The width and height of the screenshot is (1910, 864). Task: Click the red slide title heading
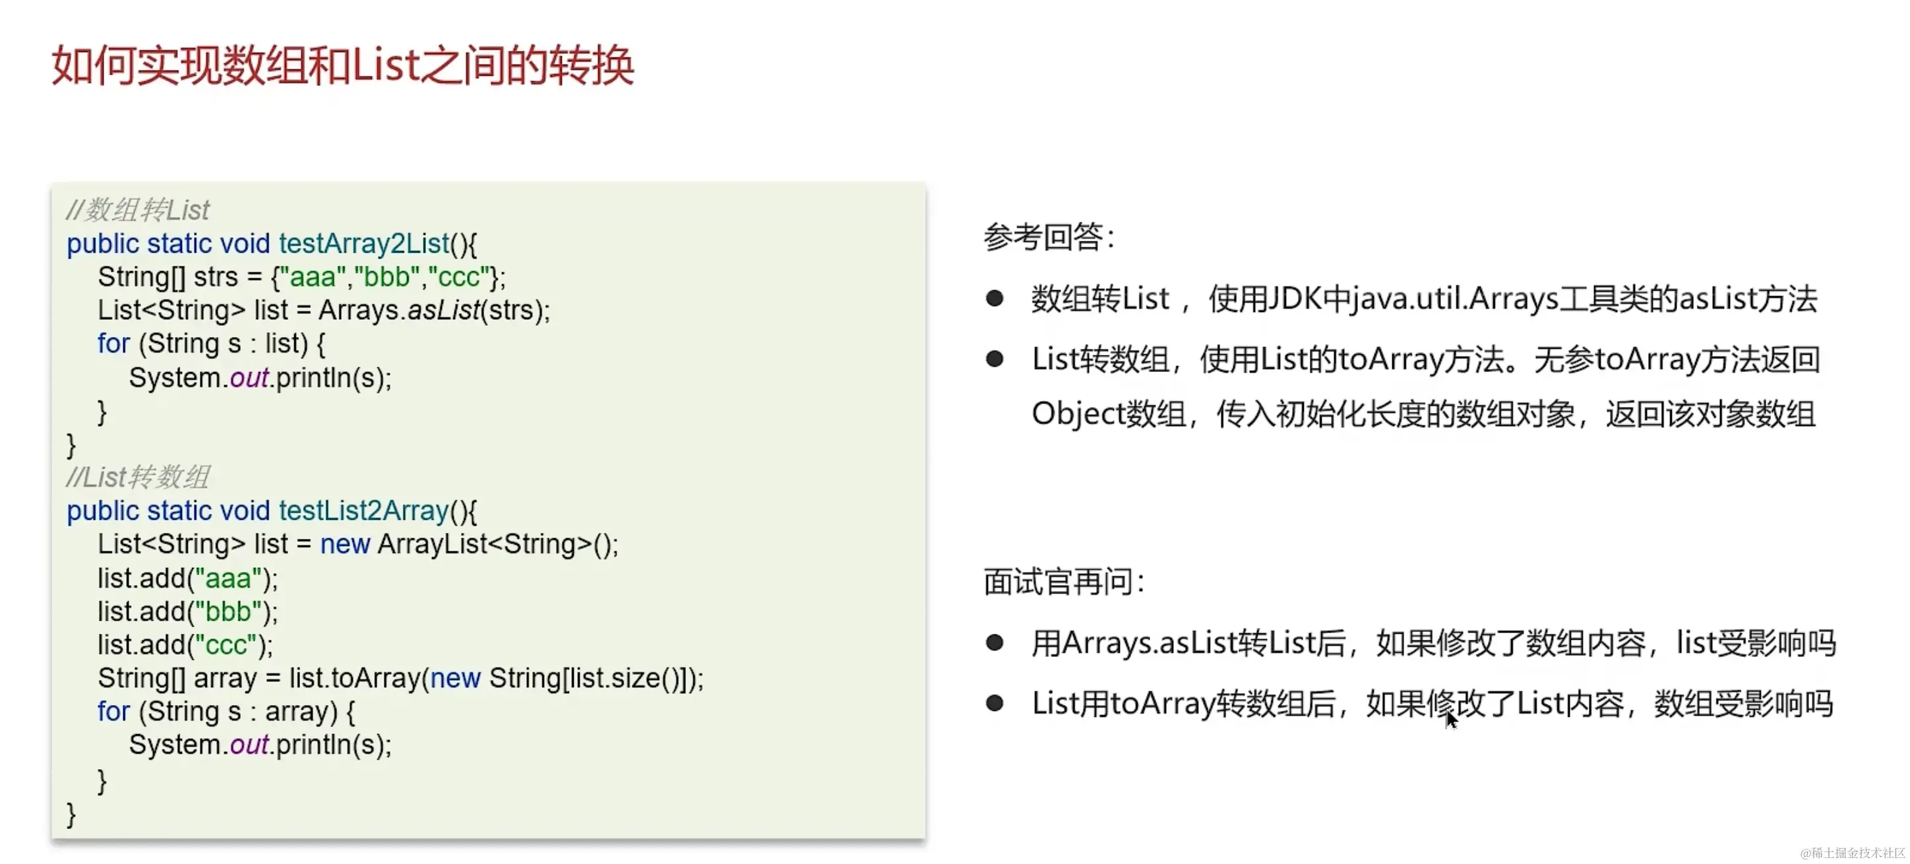[342, 65]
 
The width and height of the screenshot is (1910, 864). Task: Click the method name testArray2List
[364, 244]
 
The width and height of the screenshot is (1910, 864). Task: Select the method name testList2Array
[364, 511]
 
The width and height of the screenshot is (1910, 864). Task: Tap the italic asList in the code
[443, 311]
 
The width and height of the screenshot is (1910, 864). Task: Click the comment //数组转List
[138, 210]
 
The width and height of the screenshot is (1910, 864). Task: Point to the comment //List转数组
[138, 478]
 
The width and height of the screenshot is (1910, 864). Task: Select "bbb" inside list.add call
[228, 612]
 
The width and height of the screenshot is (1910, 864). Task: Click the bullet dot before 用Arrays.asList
[995, 643]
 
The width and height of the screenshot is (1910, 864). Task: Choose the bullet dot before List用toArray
[995, 703]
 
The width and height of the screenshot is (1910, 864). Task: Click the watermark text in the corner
[1852, 853]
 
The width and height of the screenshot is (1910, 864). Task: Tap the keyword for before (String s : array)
[113, 712]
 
